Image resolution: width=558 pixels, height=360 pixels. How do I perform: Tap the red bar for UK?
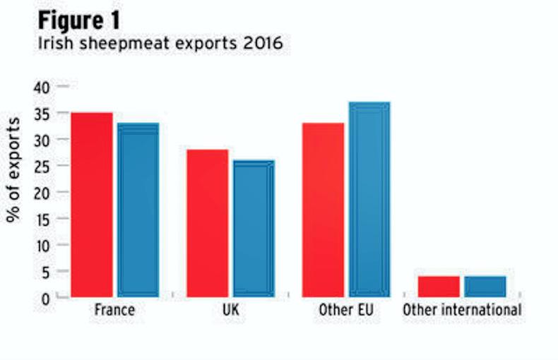208,222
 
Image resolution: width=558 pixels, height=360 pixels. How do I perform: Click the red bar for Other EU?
323,209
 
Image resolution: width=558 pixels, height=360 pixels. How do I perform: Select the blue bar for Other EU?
369,198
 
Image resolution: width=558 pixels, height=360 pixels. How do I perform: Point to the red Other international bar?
439,286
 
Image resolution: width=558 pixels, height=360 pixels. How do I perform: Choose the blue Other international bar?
485,286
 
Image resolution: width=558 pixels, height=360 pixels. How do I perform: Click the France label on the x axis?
114,310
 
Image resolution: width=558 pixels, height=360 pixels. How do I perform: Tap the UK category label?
230,310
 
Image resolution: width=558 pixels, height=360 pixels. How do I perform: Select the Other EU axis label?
346,310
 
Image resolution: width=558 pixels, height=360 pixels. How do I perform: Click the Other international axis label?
462,310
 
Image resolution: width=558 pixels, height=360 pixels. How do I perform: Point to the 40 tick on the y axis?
44,87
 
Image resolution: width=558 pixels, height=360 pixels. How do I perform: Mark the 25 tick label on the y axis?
44,166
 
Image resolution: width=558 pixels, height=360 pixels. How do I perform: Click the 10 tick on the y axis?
44,245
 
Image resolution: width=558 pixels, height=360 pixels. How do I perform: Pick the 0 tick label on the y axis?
47,297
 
